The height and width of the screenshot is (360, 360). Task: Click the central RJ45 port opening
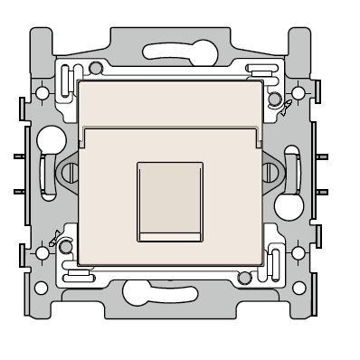168,201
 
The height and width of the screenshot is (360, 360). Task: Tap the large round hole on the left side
52,142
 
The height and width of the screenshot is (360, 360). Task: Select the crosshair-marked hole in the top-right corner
298,93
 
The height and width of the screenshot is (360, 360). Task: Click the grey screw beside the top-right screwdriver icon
273,99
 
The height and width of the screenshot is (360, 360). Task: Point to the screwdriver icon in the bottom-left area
56,239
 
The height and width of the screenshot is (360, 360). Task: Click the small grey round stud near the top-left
96,67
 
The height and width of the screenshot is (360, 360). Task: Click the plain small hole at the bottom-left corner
41,289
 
